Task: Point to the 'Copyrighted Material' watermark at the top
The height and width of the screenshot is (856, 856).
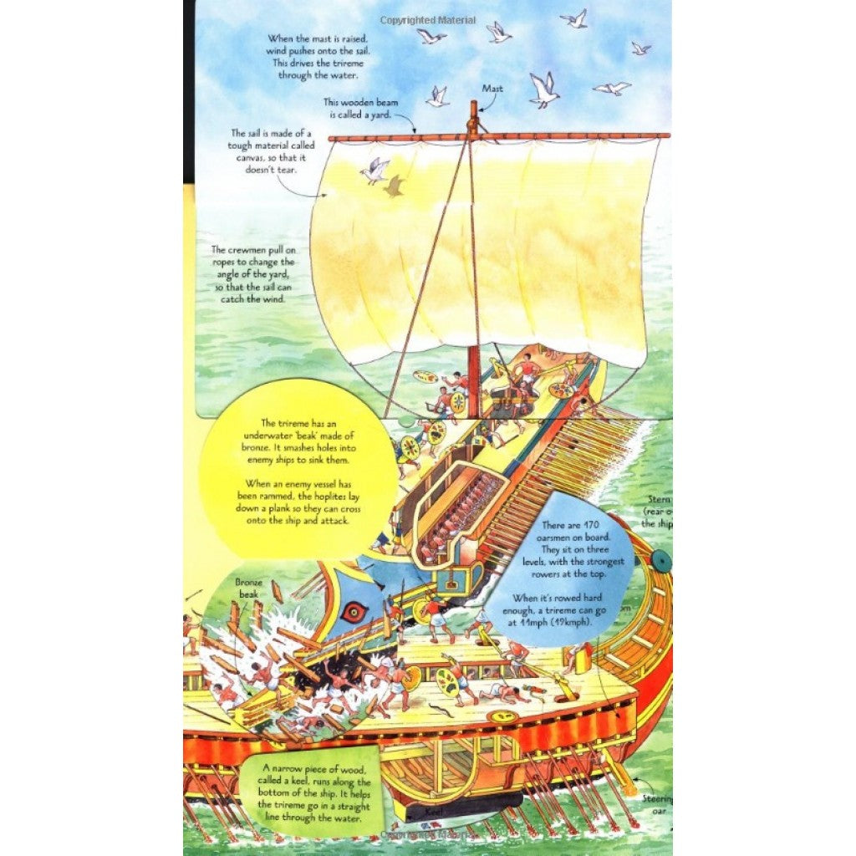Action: [x=428, y=20]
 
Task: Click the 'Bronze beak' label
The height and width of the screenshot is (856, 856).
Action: [x=248, y=587]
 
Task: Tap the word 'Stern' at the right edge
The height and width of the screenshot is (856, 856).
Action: [x=659, y=499]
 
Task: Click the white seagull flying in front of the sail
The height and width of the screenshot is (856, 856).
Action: [x=374, y=170]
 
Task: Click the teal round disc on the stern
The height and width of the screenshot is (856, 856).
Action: [x=660, y=561]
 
